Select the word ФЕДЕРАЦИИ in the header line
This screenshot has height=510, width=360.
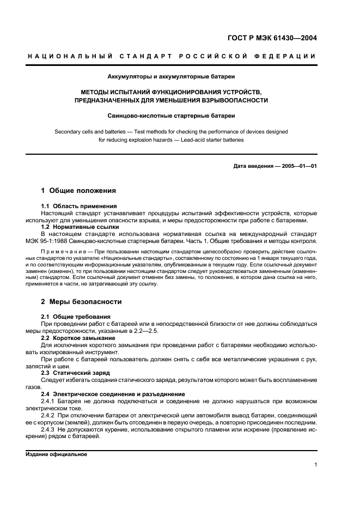pos(290,56)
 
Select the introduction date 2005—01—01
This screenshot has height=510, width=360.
pos(299,166)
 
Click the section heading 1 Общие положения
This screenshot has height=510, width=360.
pos(79,191)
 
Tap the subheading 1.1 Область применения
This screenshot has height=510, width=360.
pos(79,207)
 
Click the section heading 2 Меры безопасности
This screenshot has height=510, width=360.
pos(81,301)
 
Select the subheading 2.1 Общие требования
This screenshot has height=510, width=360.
pos(76,317)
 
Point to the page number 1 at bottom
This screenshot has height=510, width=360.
pos(315,465)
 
